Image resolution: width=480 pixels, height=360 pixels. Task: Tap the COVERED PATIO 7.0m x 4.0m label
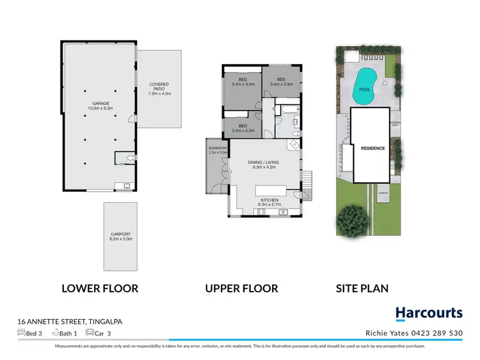pos(159,89)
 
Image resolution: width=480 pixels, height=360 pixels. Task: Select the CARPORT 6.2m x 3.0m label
pos(121,236)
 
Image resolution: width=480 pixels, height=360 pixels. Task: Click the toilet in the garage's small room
pos(129,158)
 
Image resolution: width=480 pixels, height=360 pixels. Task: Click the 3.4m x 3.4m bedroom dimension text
pos(243,84)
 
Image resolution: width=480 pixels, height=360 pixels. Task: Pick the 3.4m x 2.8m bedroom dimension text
pos(281,84)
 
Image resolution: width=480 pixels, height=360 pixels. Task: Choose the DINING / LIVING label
pos(263,163)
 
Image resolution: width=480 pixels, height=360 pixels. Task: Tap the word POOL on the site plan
pos(365,90)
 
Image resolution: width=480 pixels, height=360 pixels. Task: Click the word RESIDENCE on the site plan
pos(372,148)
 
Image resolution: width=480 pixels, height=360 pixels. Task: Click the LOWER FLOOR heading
pos(100,288)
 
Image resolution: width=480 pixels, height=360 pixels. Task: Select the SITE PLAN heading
pos(362,288)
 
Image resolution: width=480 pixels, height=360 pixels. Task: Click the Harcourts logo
pos(429,313)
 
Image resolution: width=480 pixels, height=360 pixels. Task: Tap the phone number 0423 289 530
pos(440,333)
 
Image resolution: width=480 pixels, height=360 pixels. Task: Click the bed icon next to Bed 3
pos(22,333)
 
